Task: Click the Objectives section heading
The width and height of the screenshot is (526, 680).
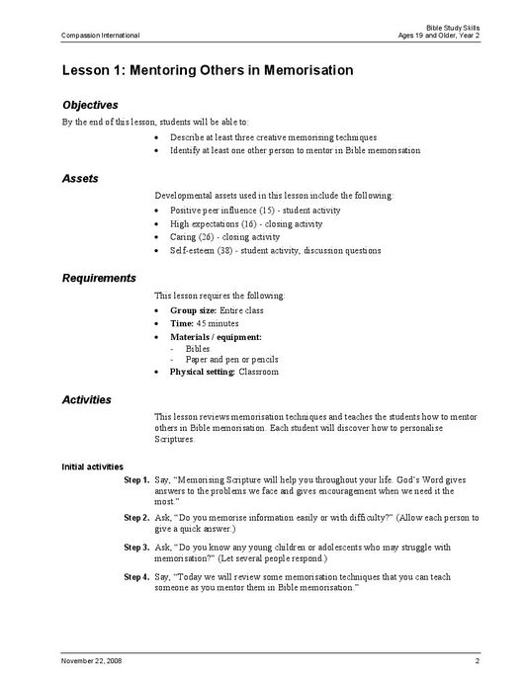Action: point(90,104)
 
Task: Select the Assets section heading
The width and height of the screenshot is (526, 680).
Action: point(80,178)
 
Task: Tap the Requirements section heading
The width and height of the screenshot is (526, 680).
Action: point(99,278)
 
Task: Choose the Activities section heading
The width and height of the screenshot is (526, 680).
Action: point(86,400)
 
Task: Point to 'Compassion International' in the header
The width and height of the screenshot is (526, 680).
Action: point(100,36)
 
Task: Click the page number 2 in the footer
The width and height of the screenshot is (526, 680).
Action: point(477,659)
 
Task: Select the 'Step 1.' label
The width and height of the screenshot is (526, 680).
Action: point(136,479)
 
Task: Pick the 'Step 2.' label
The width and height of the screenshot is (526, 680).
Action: point(136,517)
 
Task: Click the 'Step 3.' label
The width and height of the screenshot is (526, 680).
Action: point(136,546)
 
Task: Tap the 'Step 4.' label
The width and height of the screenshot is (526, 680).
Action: point(136,575)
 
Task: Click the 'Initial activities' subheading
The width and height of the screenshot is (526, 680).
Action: point(93,467)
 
